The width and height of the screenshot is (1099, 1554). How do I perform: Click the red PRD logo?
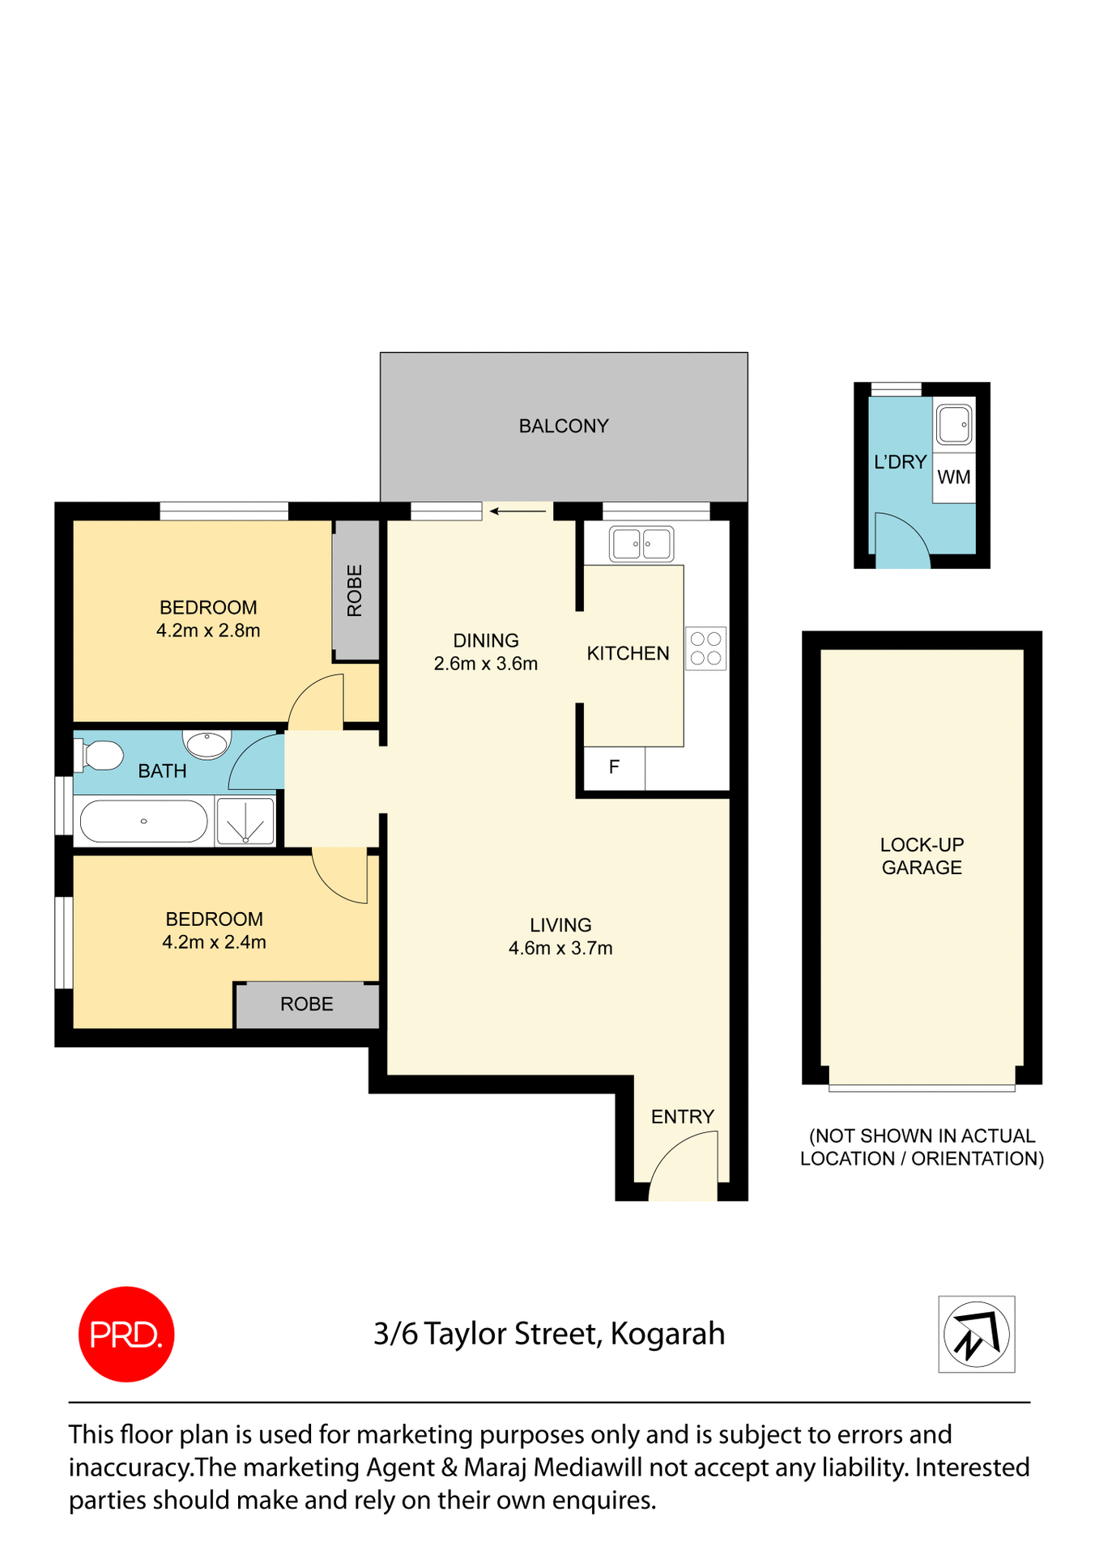pyautogui.click(x=126, y=1333)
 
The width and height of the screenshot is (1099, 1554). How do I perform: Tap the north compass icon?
pyautogui.click(x=976, y=1334)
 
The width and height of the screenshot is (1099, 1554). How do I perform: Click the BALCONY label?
pyautogui.click(x=564, y=427)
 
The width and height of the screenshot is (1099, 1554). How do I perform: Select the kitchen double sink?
pyautogui.click(x=641, y=544)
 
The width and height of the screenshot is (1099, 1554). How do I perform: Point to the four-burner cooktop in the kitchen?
pyautogui.click(x=705, y=648)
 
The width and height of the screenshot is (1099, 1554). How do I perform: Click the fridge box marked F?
pyautogui.click(x=615, y=766)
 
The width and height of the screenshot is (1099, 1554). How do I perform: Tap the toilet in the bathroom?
pyautogui.click(x=99, y=756)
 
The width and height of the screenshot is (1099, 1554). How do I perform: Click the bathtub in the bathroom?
pyautogui.click(x=144, y=822)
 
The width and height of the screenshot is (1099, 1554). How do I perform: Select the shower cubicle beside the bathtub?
pyautogui.click(x=245, y=822)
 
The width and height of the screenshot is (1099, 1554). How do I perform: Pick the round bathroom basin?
pyautogui.click(x=207, y=743)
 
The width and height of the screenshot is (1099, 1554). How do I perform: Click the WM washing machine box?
pyautogui.click(x=953, y=478)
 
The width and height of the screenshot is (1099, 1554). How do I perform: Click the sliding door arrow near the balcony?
pyautogui.click(x=518, y=512)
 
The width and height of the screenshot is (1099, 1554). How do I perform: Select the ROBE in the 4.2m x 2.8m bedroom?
pyautogui.click(x=355, y=591)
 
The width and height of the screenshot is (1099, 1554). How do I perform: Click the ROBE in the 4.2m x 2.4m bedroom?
pyautogui.click(x=307, y=1004)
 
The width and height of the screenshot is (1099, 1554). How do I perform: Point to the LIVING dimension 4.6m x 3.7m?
pyautogui.click(x=560, y=949)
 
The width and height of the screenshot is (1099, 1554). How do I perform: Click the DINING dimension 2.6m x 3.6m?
pyautogui.click(x=486, y=664)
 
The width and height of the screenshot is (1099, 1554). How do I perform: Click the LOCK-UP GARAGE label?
pyautogui.click(x=922, y=856)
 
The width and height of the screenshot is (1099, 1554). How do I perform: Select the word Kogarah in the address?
pyautogui.click(x=667, y=1334)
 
